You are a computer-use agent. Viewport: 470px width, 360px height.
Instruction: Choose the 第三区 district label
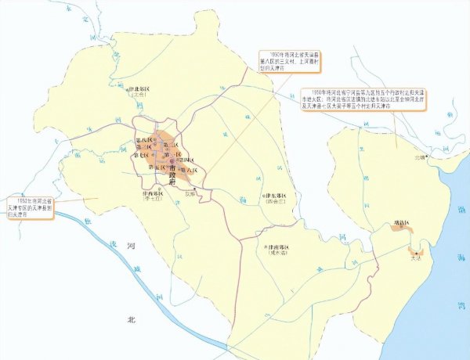(144, 146)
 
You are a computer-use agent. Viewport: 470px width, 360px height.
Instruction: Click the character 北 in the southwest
(132, 319)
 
